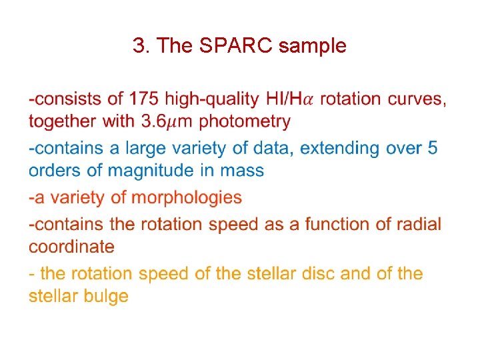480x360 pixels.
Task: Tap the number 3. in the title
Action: click(140, 46)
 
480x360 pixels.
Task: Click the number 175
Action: click(143, 99)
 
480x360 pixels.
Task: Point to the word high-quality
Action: click(211, 99)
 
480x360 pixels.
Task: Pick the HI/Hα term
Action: click(289, 99)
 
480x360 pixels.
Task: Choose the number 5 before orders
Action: click(433, 148)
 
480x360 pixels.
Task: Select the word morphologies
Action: click(187, 198)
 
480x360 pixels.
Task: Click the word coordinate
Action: click(71, 247)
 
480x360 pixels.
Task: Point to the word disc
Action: click(317, 273)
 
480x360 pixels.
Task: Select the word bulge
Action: click(106, 296)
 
